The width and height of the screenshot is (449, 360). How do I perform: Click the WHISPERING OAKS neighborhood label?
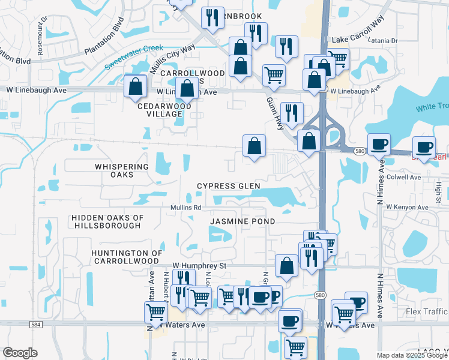tap(121, 171)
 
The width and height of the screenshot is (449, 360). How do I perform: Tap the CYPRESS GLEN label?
tap(229, 186)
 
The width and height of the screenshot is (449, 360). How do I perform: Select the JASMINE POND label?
tap(243, 221)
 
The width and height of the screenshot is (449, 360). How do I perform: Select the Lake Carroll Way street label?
tap(356, 38)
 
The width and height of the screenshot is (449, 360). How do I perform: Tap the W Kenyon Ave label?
tap(407, 207)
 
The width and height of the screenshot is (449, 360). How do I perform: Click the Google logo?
tap(20, 353)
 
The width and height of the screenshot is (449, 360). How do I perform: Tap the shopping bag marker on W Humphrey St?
tap(287, 265)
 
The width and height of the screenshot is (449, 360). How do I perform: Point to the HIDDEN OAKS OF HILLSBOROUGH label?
tap(107, 221)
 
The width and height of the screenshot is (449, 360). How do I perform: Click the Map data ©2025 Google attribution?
tap(412, 355)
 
